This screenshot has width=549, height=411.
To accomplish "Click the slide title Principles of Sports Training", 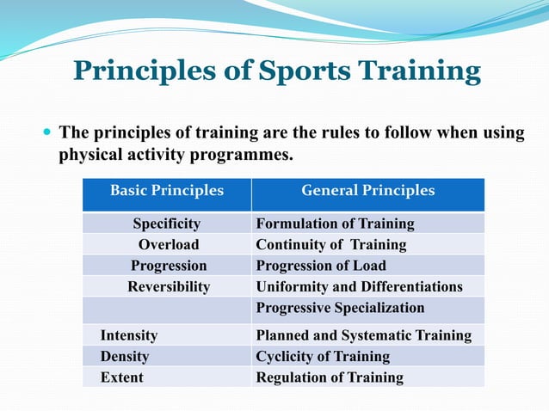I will pos(276,71).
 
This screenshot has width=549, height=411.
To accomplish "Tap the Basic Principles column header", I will pos(167,191).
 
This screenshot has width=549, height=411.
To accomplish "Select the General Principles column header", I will pos(367,191).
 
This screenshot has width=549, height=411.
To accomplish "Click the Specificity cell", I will pos(167,224).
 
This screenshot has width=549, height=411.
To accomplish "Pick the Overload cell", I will pos(169,245).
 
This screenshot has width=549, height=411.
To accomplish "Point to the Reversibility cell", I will pos(169,287).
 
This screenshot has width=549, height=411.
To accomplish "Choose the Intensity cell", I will pos(129,335).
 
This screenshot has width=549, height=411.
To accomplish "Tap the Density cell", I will pos(125,356).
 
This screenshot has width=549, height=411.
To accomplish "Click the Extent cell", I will pos(122,377).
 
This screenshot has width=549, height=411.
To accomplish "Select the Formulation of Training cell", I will pos(336,224).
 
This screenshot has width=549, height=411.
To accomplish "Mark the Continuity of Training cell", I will pos(331,245).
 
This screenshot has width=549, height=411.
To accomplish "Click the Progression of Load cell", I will pos(321,266).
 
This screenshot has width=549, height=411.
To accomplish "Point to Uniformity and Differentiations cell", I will pos(359,287).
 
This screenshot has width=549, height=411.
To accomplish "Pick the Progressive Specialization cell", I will pos(341,308).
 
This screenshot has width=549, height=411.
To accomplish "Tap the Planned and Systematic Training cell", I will pos(364,335).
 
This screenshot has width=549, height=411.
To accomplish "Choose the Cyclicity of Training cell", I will pos(324,356).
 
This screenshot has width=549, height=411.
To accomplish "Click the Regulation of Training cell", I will pos(330,377).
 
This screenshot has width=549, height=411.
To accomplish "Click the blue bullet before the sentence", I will pos(46,134).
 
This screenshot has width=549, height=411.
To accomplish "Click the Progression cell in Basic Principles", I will pos(169,266).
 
